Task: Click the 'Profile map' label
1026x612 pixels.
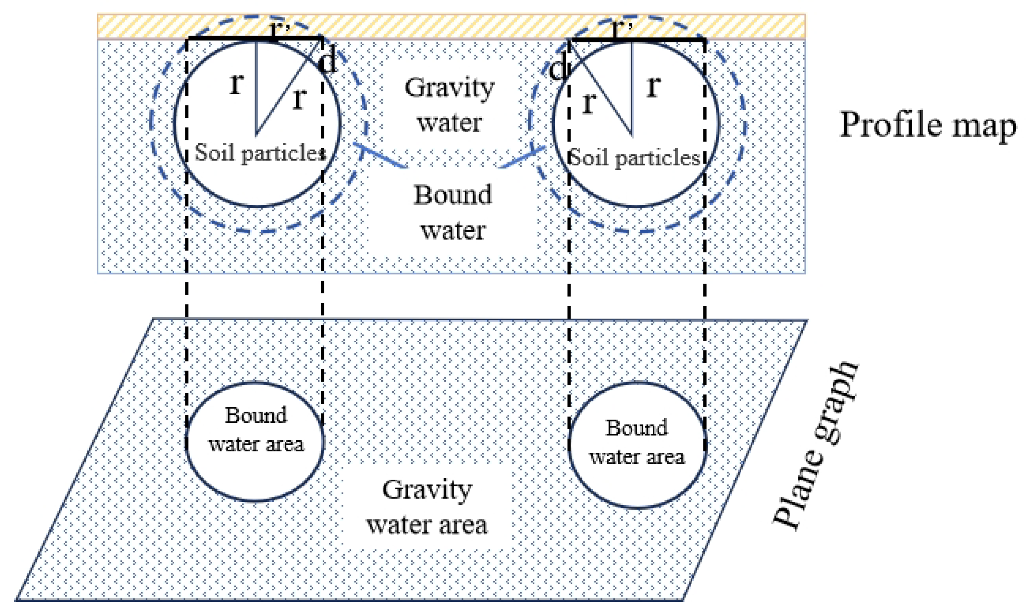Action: tap(928, 125)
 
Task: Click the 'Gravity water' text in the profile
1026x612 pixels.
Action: tap(449, 106)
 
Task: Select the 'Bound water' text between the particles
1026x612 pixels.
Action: tap(452, 212)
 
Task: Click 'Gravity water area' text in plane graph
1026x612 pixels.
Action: tap(427, 507)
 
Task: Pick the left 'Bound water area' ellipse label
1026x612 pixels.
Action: tap(256, 430)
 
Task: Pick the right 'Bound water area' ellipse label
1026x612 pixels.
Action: tap(637, 443)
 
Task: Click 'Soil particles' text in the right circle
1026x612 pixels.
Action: tap(634, 158)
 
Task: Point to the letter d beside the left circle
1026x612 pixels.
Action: tap(328, 63)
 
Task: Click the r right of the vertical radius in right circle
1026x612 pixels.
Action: tap(654, 86)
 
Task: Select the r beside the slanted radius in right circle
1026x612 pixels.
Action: tap(589, 102)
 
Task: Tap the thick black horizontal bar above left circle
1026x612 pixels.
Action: tap(223, 38)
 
